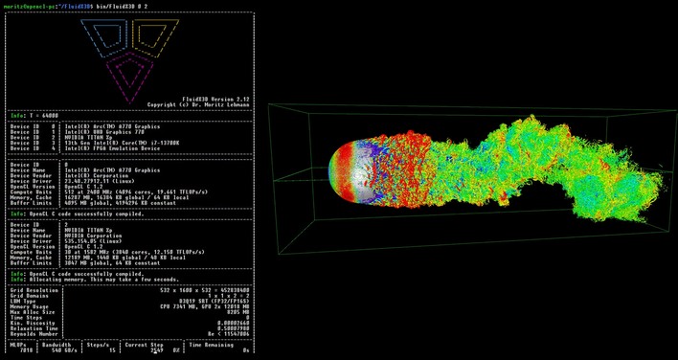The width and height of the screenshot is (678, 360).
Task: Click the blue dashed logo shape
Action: [103, 37]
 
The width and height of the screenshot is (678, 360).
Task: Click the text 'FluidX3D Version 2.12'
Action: [215, 100]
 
